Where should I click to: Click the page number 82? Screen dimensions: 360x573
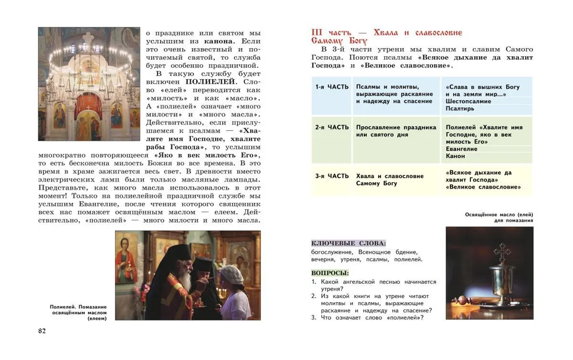(41, 331)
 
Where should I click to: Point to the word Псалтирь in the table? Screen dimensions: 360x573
(460, 108)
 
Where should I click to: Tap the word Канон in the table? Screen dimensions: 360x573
(456, 156)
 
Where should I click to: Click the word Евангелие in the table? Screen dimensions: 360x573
(461, 149)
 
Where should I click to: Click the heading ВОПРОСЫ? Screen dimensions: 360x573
(330, 273)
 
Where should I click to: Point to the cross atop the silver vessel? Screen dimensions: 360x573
(501, 251)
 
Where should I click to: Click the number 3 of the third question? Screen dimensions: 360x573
(313, 318)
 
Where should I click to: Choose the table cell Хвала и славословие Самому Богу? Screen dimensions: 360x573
(390, 179)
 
